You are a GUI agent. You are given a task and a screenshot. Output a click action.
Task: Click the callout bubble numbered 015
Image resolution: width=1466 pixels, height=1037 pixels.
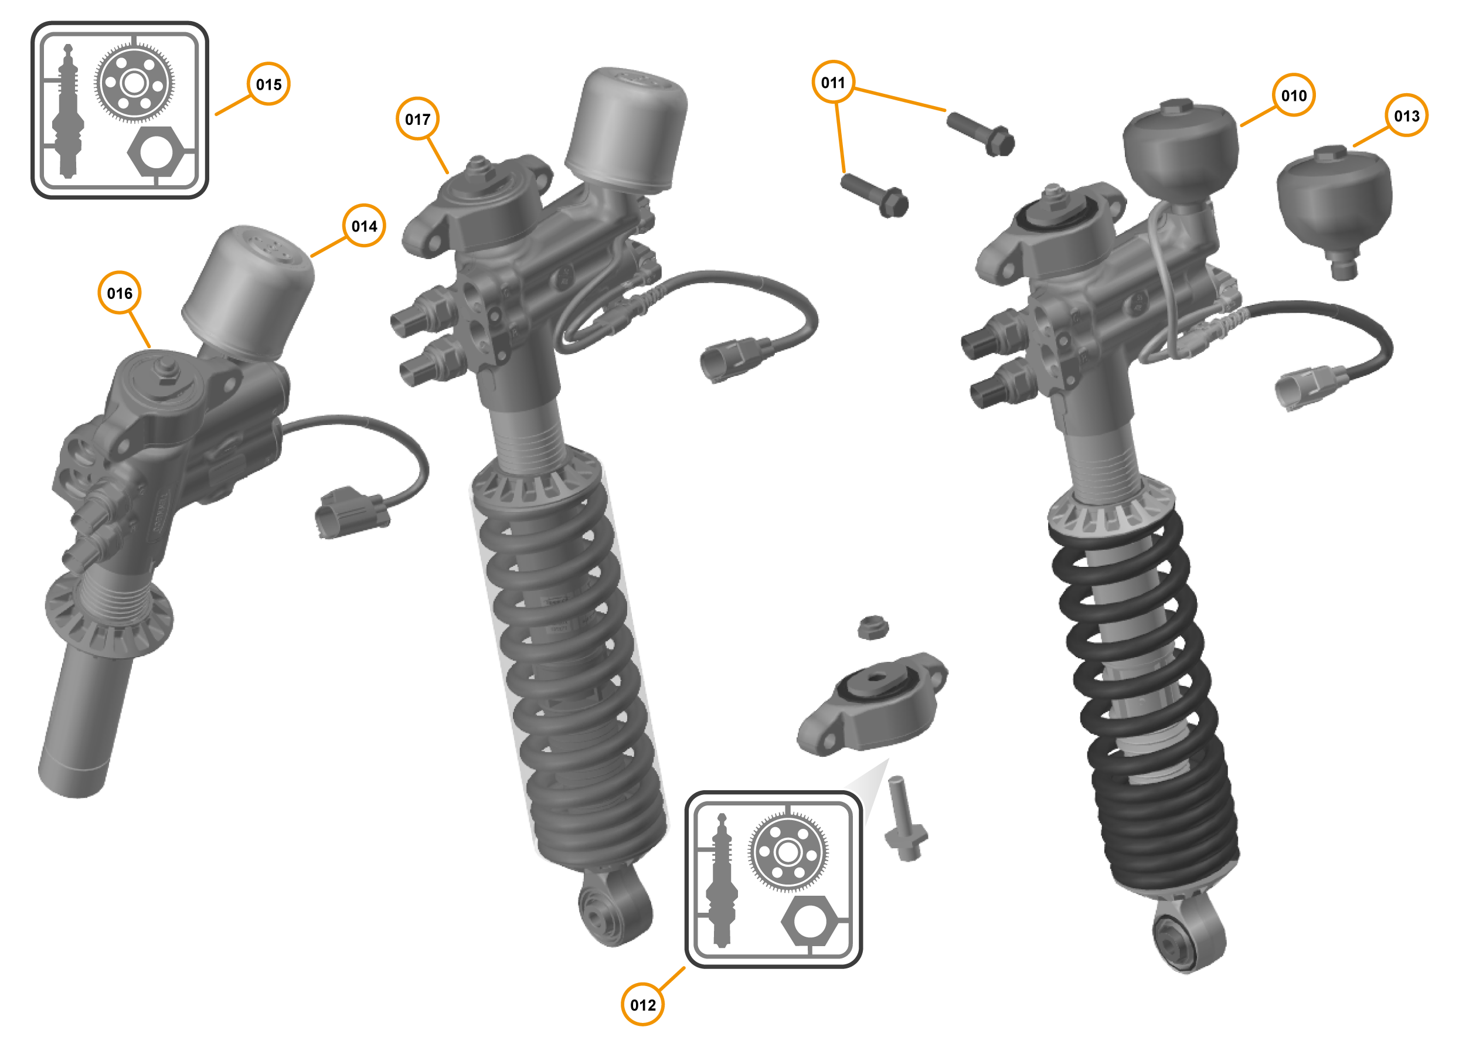point(268,84)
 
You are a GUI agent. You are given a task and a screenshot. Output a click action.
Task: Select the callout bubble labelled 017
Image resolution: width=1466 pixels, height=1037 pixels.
point(417,120)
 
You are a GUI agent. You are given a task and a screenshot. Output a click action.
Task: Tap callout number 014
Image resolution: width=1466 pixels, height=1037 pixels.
point(364,226)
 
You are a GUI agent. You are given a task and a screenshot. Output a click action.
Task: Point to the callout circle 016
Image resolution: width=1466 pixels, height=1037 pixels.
point(120,293)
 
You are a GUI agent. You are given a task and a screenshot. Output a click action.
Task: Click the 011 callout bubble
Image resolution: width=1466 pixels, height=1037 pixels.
point(832,83)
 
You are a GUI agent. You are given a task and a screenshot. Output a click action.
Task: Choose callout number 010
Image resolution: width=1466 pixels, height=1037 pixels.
point(1294,96)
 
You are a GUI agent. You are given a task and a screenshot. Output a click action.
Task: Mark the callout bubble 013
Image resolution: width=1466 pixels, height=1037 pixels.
point(1406,116)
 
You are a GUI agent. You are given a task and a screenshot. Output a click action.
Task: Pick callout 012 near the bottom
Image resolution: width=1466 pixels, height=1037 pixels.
point(642,1005)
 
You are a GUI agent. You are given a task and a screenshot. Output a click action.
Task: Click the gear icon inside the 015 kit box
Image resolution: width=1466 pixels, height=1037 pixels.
point(134,83)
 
